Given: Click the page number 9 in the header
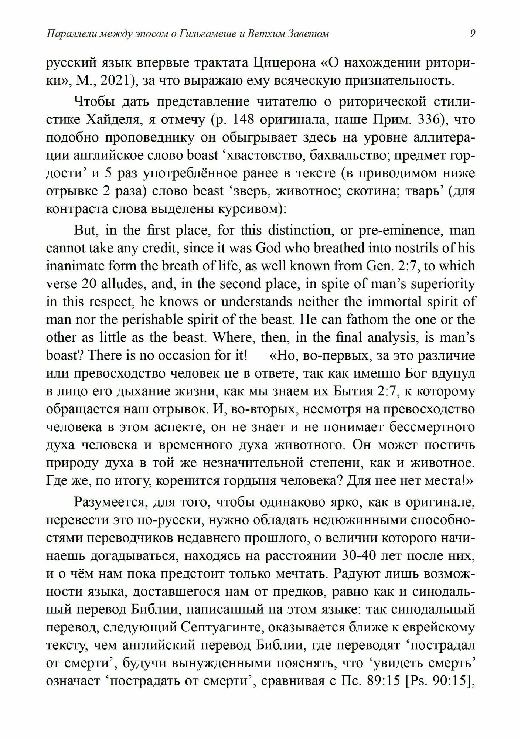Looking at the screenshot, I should pyautogui.click(x=473, y=34).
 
